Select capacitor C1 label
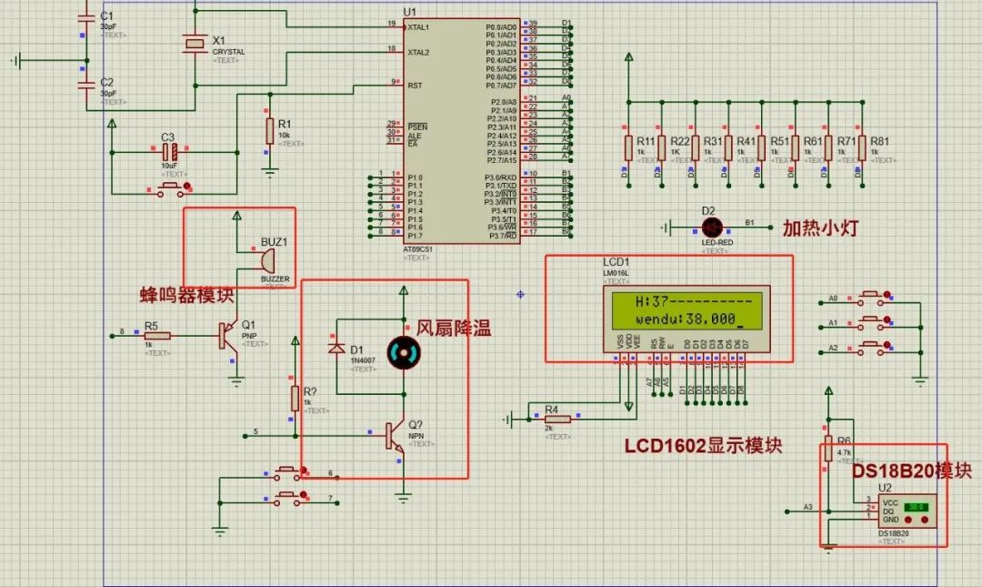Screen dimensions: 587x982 [106, 15]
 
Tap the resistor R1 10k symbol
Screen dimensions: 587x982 [269, 130]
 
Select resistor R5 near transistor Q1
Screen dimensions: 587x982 [157, 336]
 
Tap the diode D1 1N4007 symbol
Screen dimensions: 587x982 [336, 349]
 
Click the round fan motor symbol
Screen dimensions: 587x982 [403, 353]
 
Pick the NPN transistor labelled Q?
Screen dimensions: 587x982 [394, 436]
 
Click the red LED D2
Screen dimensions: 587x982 [711, 227]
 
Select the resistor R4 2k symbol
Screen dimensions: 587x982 [556, 419]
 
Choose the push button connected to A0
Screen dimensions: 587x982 [872, 298]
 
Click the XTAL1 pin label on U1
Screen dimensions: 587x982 [418, 27]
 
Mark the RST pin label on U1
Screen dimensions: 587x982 [415, 86]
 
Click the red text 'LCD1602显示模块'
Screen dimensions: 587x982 [703, 447]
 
